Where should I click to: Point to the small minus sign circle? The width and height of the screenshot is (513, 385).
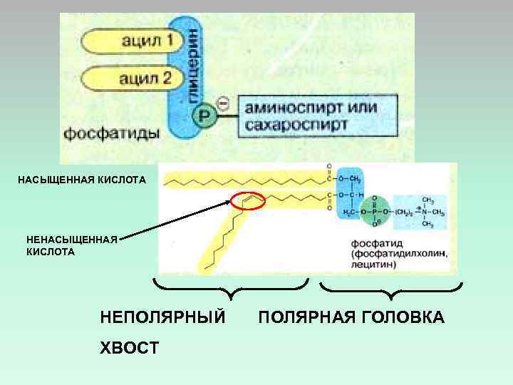coord(222,105)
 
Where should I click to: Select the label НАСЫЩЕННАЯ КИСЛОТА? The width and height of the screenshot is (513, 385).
coord(82,179)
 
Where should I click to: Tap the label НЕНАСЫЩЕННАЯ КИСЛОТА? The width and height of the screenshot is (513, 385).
coord(71,246)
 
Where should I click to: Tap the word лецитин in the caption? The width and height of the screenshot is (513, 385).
coord(371,265)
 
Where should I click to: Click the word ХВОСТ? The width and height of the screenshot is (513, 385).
coord(130,347)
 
